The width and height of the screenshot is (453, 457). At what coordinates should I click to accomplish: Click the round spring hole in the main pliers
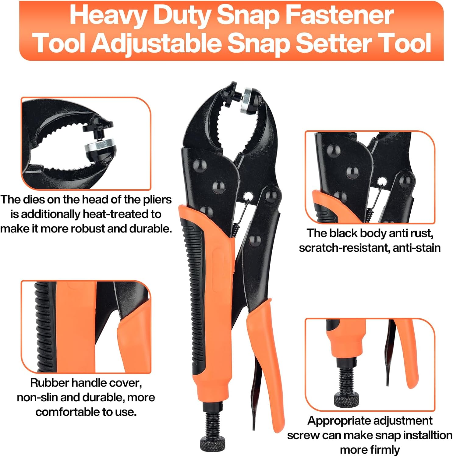(249, 196)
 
